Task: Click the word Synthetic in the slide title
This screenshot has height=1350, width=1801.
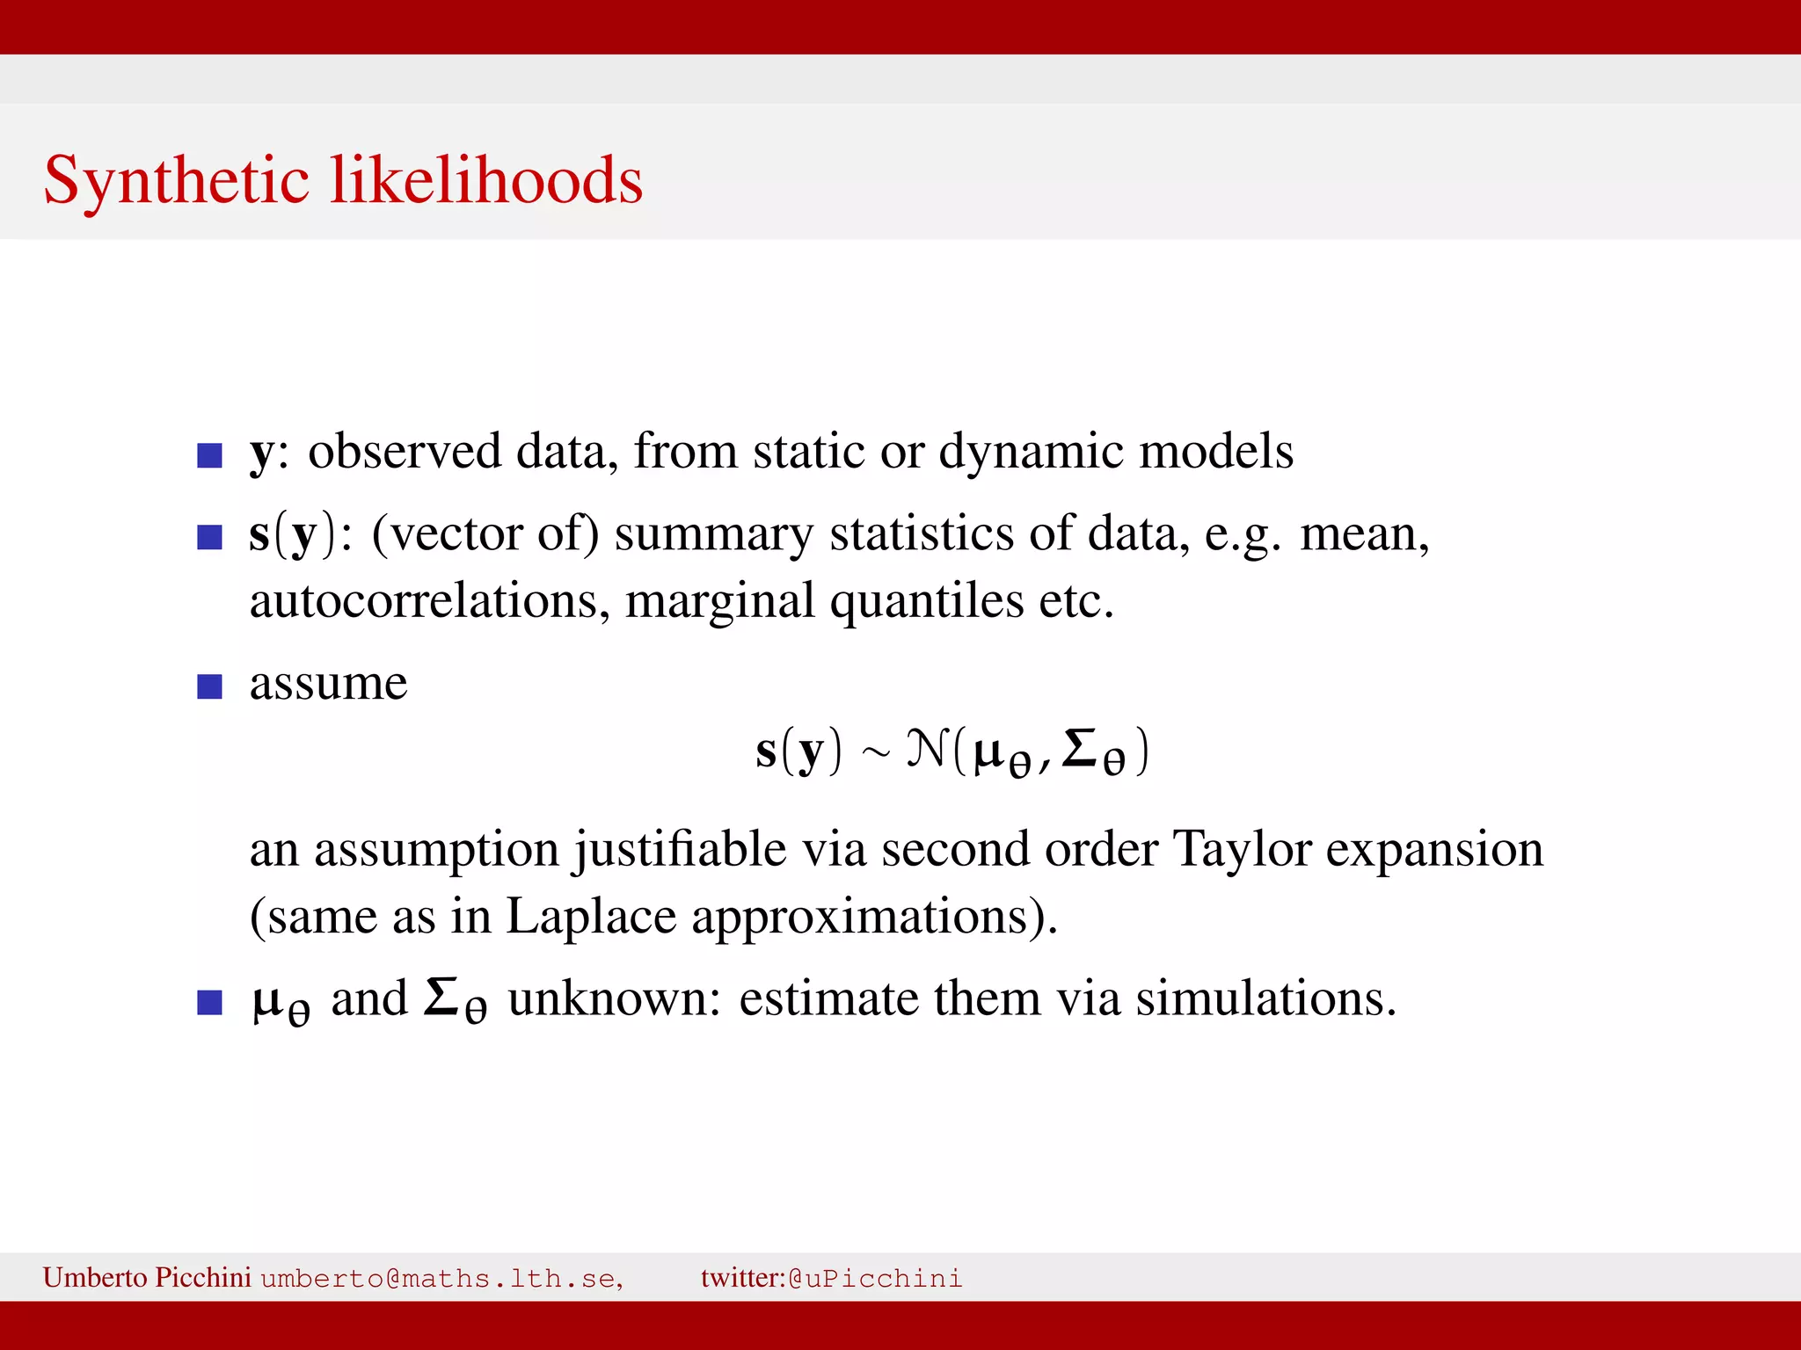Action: click(x=176, y=180)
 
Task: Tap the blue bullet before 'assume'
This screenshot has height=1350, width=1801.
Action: click(x=209, y=686)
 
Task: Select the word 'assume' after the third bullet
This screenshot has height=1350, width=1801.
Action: click(x=328, y=684)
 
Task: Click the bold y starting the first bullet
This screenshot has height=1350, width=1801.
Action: click(x=261, y=454)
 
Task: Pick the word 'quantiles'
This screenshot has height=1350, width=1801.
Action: click(x=927, y=603)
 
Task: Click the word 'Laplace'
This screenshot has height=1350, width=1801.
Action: click(x=591, y=917)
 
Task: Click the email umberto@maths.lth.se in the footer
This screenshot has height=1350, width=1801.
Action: click(x=441, y=1278)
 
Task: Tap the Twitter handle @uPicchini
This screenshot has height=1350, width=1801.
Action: click(x=875, y=1278)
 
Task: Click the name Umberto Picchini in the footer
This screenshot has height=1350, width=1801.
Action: click(x=147, y=1277)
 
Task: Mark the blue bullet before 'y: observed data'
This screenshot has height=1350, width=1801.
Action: click(x=209, y=455)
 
